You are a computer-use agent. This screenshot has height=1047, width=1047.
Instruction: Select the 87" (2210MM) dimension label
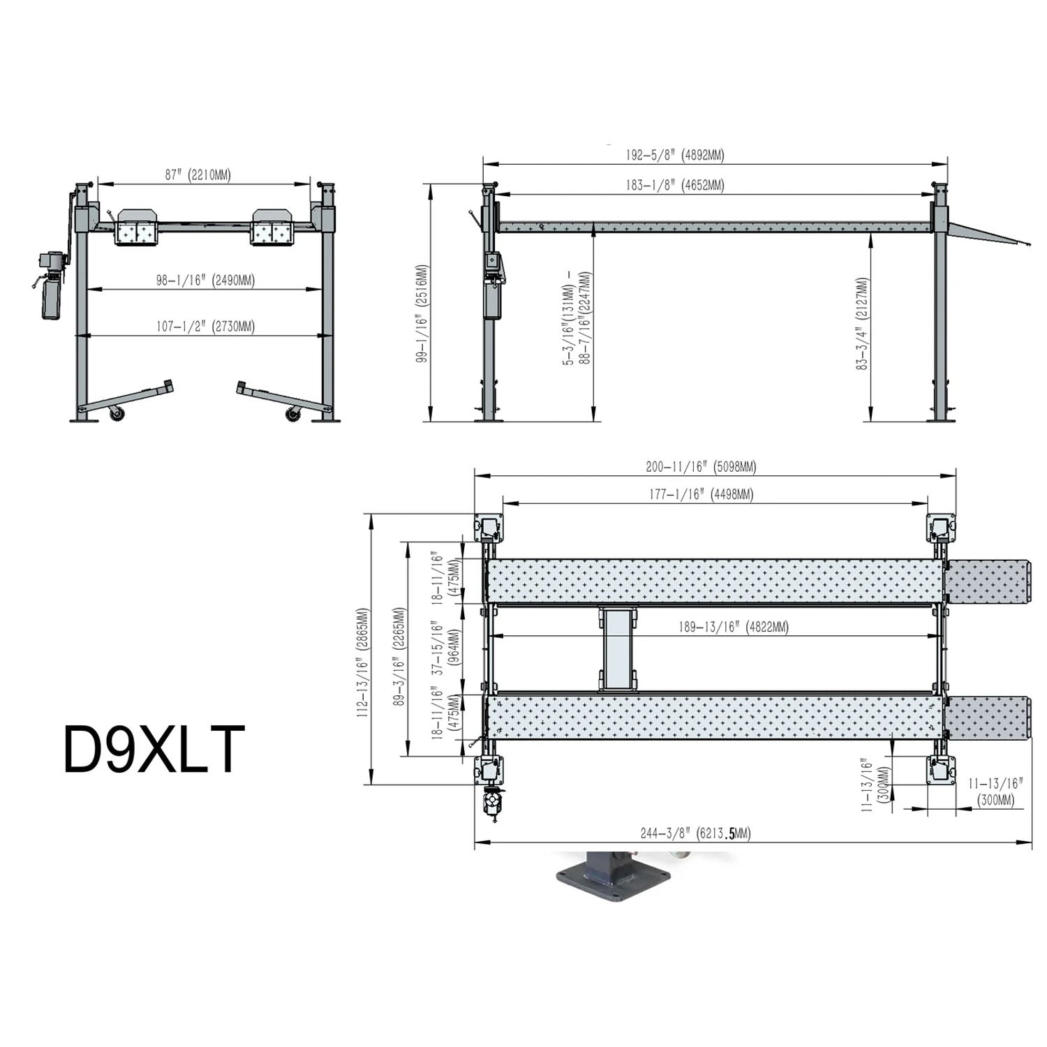click(x=198, y=174)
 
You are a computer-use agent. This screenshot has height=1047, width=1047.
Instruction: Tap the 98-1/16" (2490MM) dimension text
click(x=205, y=280)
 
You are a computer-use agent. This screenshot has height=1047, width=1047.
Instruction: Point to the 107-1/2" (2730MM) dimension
click(x=205, y=326)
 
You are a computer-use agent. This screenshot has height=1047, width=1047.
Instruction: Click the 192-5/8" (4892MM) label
click(x=675, y=155)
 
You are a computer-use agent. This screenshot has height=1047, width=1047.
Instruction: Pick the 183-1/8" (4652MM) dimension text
click(x=675, y=185)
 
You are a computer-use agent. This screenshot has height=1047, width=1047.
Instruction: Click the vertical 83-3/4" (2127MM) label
click(x=863, y=322)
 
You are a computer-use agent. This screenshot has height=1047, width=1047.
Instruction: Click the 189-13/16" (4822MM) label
click(x=733, y=627)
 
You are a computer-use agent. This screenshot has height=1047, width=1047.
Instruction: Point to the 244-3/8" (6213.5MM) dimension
click(x=695, y=833)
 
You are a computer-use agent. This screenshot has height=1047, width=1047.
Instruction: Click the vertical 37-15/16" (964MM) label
click(x=446, y=649)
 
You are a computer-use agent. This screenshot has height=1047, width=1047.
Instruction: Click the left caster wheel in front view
click(x=117, y=414)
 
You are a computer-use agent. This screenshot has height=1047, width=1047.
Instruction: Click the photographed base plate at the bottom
click(x=613, y=881)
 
